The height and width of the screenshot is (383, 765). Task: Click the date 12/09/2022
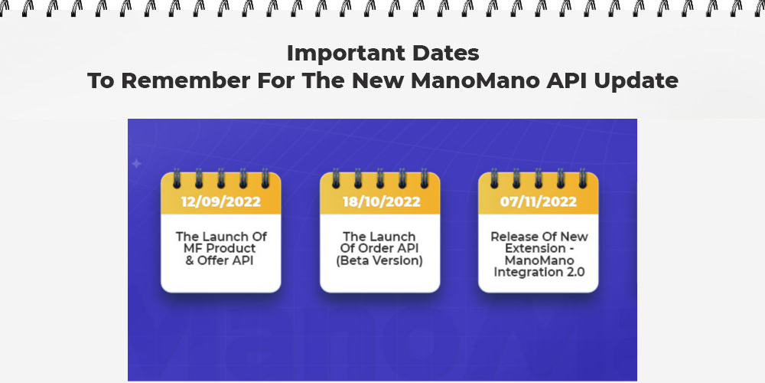(220, 201)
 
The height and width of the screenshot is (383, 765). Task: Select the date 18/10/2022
(381, 201)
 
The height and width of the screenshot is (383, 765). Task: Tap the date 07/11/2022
(538, 201)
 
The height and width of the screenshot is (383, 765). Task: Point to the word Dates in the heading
(445, 54)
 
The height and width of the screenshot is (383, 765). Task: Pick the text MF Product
(220, 248)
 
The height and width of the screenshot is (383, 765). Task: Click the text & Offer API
(220, 260)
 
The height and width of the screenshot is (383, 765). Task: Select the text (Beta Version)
(379, 261)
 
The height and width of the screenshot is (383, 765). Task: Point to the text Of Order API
(379, 248)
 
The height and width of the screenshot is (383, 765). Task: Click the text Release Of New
(539, 237)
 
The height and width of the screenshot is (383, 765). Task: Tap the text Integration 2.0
(539, 272)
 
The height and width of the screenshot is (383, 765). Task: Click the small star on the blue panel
(137, 164)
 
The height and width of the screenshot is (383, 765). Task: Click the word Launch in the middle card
(390, 237)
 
